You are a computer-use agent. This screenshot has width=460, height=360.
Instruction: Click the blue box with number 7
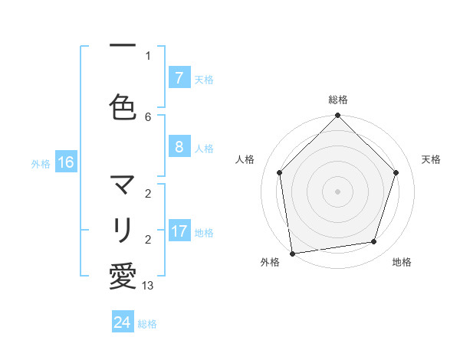pyautogui.click(x=179, y=78)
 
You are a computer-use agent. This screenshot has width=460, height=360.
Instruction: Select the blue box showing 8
pyautogui.click(x=179, y=147)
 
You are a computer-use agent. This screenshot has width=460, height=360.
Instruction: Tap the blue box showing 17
pyautogui.click(x=179, y=231)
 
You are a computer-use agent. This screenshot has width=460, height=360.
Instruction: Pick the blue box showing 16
pyautogui.click(x=65, y=162)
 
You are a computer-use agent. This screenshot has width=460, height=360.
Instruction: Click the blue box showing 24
pyautogui.click(x=123, y=322)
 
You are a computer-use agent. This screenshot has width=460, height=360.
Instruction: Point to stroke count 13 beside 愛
pyautogui.click(x=148, y=286)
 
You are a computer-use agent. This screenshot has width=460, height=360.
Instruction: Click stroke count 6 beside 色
pyautogui.click(x=148, y=116)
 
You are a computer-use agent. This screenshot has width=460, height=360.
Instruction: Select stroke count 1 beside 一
pyautogui.click(x=148, y=55)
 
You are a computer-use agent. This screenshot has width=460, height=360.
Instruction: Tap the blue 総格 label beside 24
pyautogui.click(x=147, y=324)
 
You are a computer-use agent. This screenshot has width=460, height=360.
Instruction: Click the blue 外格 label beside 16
pyautogui.click(x=41, y=163)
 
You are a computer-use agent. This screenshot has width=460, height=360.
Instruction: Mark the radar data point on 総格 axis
pyautogui.click(x=337, y=116)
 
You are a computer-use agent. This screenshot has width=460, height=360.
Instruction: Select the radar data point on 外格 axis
pyautogui.click(x=292, y=253)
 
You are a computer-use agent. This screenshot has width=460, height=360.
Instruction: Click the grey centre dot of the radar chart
pyautogui.click(x=337, y=191)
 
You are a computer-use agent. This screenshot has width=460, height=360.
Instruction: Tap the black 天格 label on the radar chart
pyautogui.click(x=431, y=159)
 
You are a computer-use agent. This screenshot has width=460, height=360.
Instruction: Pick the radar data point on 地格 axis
pyautogui.click(x=374, y=242)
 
